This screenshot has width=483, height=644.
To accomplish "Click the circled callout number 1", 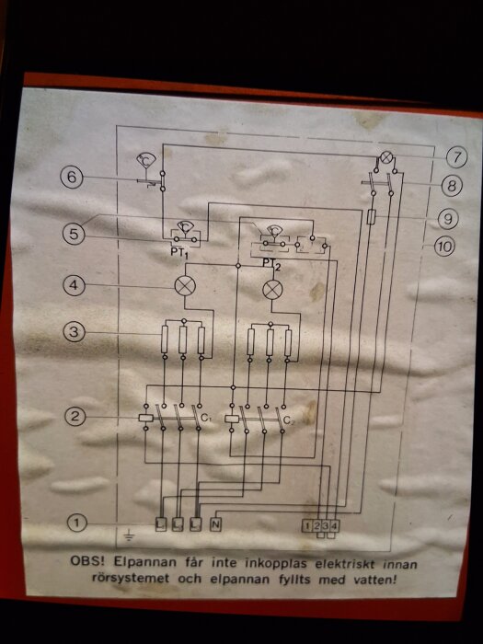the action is tap(76, 523).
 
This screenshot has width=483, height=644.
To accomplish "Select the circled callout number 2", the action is tap(75, 417).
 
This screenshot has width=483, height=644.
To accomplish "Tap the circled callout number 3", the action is tap(74, 332).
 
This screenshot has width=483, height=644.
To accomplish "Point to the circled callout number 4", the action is tap(74, 284).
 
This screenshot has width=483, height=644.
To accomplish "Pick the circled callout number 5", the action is tap(73, 234).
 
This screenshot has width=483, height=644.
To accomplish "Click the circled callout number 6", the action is tap(72, 177).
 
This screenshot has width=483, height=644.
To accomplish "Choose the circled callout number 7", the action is tap(456, 157).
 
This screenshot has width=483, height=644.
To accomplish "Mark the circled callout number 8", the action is tap(452, 187).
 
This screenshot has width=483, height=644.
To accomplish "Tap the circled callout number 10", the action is tap(444, 247).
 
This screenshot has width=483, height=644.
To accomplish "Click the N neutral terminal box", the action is tap(215, 524).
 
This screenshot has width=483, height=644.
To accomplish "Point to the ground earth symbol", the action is tap(129, 535).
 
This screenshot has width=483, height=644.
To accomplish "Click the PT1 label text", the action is tap(179, 251).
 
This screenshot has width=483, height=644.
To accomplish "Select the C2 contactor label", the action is tap(289, 421).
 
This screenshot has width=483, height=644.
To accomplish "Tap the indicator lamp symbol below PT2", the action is tap(272, 290).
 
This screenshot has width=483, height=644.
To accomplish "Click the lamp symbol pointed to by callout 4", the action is tap(185, 285).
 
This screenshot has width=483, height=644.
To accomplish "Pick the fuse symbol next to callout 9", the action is tap(371, 216).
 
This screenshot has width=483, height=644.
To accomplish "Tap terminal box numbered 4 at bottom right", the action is tap(334, 525).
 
